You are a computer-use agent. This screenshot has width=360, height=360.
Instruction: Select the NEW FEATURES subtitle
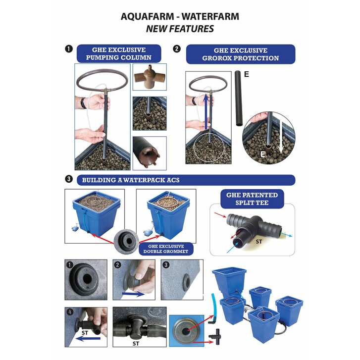coord(180,29)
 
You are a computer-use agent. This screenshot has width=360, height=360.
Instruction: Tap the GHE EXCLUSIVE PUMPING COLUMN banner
coord(119,53)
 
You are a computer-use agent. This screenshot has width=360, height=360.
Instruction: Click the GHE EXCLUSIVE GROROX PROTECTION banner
coord(240,54)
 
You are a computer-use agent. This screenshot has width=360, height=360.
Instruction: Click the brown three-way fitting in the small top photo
coord(149,77)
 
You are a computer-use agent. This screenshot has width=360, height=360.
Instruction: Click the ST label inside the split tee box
coord(257,243)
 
